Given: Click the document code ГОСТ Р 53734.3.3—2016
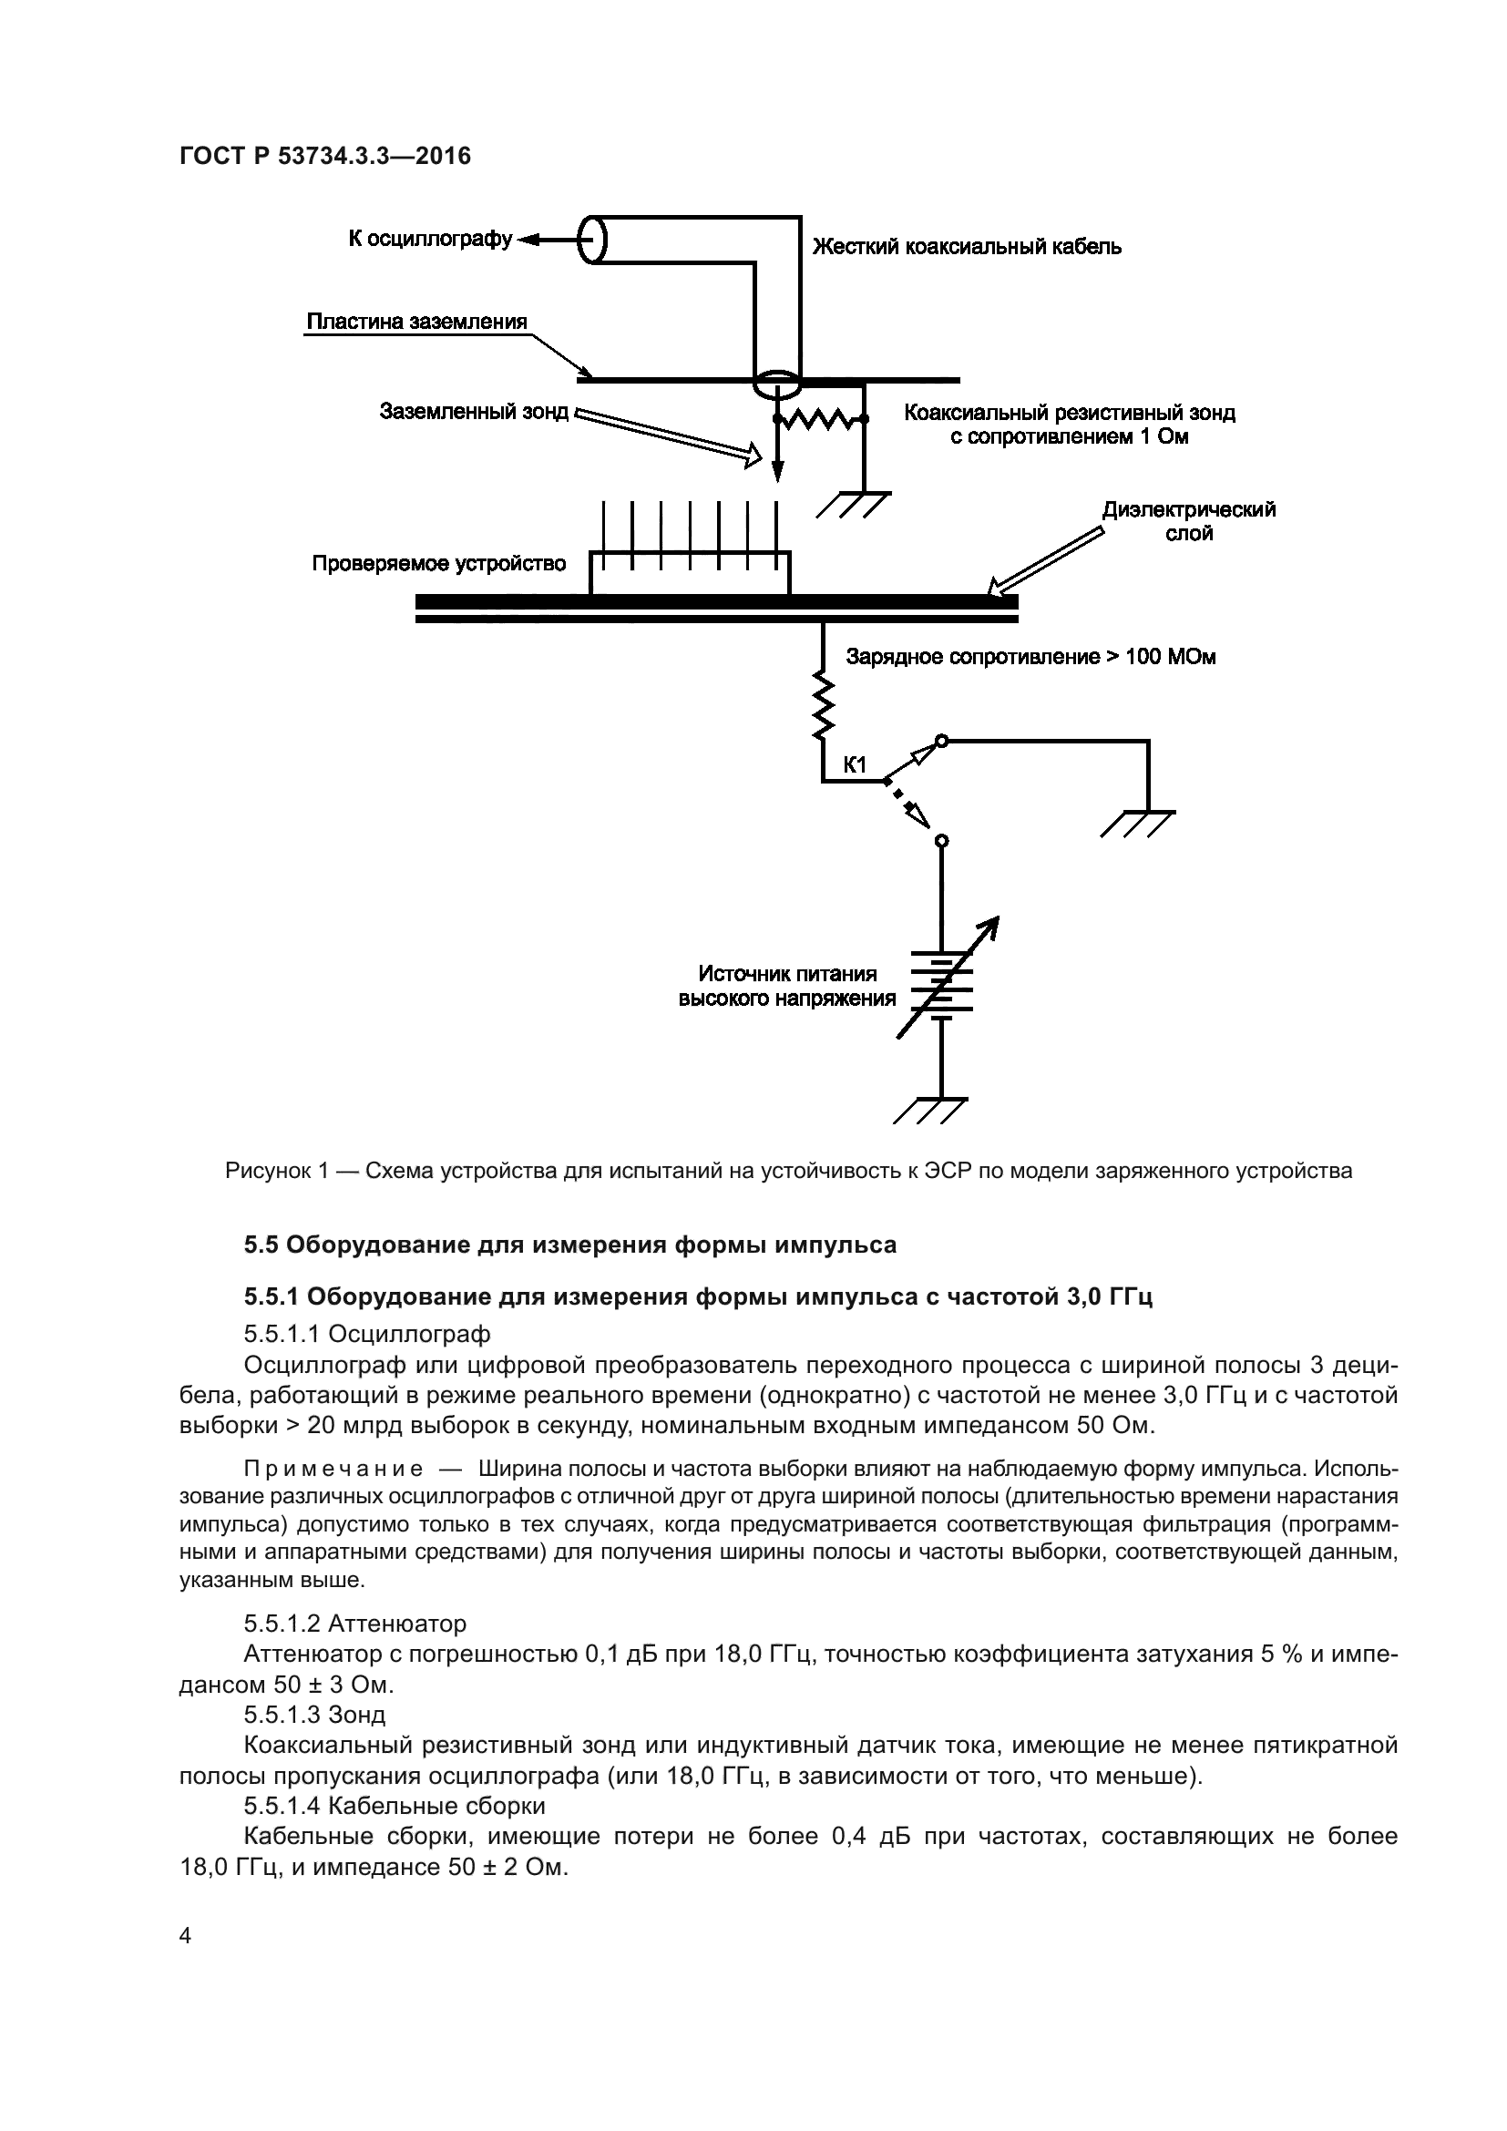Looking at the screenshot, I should (x=324, y=156).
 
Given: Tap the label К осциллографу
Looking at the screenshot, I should (x=430, y=239).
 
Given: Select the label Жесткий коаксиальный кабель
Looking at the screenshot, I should (x=967, y=247).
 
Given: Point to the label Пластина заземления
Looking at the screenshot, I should (x=416, y=322).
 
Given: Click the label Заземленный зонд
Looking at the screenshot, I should (x=473, y=411).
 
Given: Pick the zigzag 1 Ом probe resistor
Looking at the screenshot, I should (x=819, y=419).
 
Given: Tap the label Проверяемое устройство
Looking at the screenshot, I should (x=438, y=563).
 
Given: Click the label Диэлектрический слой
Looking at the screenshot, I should (x=1189, y=521).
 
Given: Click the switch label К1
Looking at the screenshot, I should (x=854, y=764).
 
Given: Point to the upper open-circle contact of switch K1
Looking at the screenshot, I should (x=941, y=741).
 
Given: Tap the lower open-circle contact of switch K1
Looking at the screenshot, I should (x=941, y=841).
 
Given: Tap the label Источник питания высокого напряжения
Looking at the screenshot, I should (x=787, y=986).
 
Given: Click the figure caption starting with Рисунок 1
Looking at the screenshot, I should (x=788, y=1171).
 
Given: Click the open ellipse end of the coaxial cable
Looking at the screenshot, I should (x=592, y=241).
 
